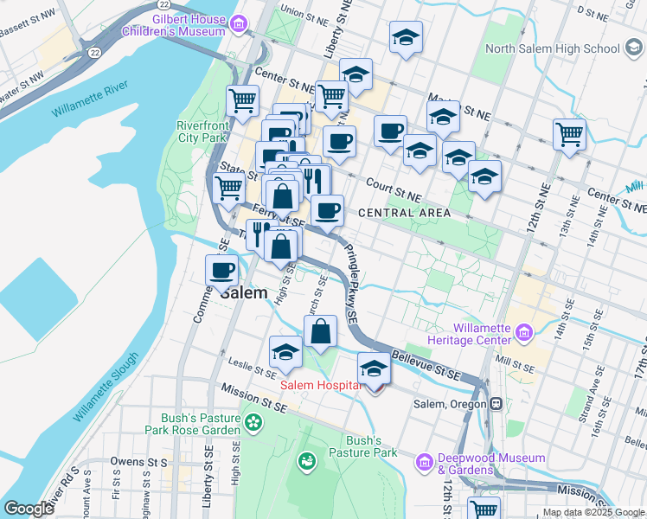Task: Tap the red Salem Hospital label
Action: tap(318, 384)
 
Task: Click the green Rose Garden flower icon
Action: tap(253, 423)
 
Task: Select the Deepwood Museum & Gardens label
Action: tap(491, 464)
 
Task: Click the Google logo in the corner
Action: tap(29, 509)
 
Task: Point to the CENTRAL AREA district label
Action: tap(403, 213)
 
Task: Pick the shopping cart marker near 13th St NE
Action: tap(569, 133)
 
